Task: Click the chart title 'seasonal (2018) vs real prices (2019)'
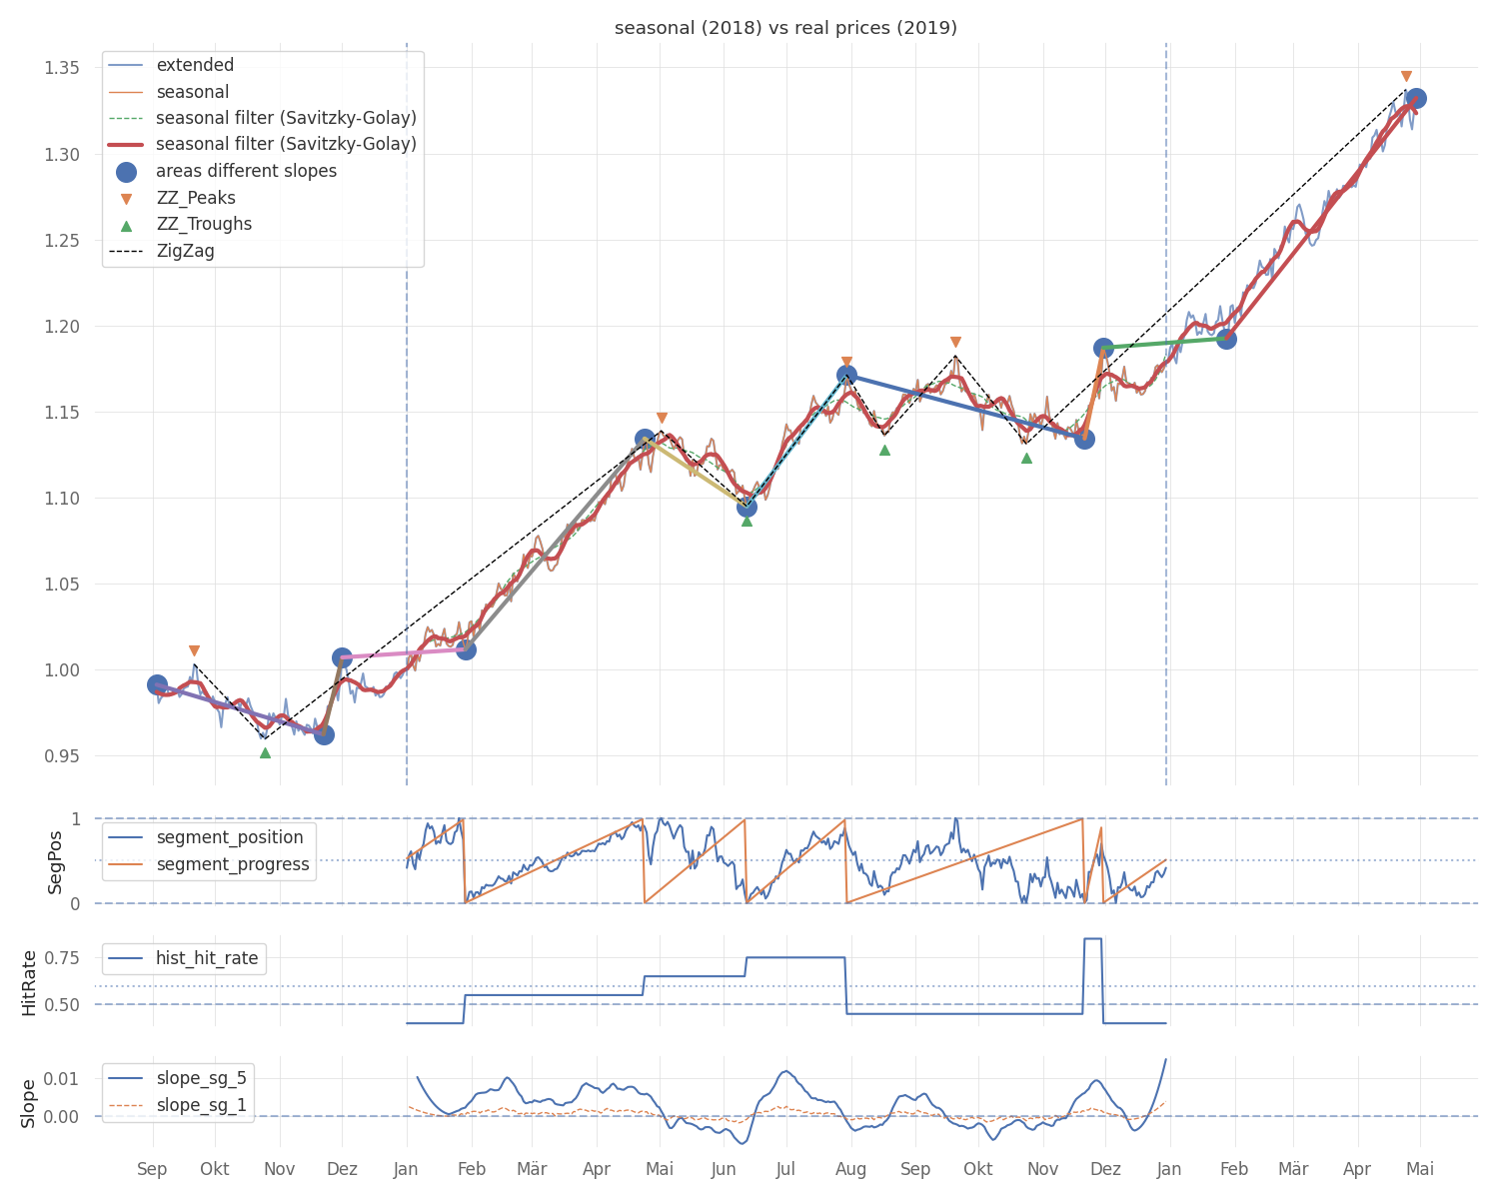[785, 28]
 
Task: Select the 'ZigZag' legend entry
[185, 251]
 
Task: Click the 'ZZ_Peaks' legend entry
[196, 198]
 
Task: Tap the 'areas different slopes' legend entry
[246, 171]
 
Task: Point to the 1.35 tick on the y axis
[61, 68]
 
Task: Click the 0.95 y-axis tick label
[61, 756]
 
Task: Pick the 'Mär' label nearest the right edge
[1293, 1169]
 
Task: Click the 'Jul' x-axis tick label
[785, 1169]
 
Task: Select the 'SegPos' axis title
[55, 861]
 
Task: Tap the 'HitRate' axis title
[29, 982]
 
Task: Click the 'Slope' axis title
[29, 1103]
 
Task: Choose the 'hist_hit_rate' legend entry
[207, 958]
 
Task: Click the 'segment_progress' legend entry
[233, 864]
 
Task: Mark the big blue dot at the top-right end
[1415, 98]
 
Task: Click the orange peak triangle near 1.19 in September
[955, 342]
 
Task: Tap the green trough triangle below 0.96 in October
[265, 752]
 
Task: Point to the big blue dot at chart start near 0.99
[157, 684]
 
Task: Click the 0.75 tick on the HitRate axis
[61, 957]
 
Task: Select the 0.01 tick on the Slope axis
[61, 1078]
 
